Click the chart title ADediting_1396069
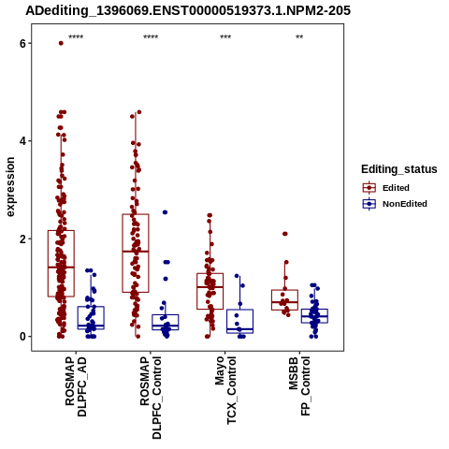[188, 10]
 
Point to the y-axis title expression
[10, 187]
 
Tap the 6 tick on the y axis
[22, 44]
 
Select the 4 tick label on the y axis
[22, 141]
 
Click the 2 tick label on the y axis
[22, 239]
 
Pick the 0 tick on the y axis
[22, 337]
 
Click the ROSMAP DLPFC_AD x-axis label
[76, 386]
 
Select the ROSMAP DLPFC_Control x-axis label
[151, 398]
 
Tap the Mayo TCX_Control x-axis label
[225, 390]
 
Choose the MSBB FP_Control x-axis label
[299, 386]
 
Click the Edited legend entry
[386, 188]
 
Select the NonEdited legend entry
[395, 204]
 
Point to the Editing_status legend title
[399, 169]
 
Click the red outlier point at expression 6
[61, 43]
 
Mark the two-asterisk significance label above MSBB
[299, 36]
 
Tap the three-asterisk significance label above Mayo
[225, 36]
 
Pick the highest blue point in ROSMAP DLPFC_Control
[165, 212]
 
